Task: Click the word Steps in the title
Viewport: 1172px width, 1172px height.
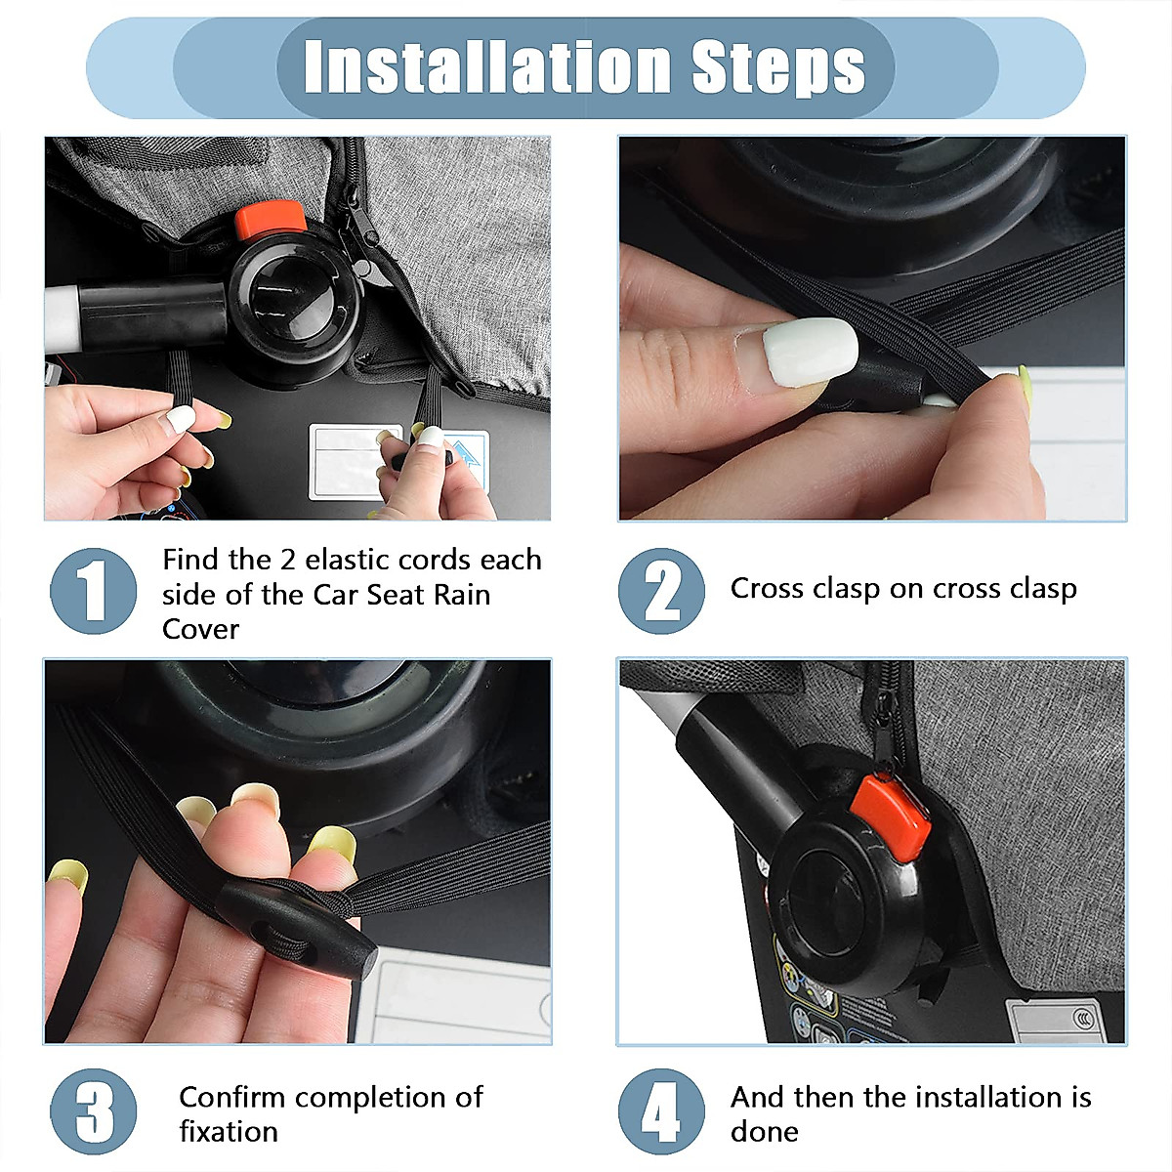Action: click(x=778, y=66)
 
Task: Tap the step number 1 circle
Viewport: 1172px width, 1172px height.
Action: click(x=94, y=591)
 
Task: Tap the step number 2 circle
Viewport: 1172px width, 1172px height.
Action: click(x=661, y=591)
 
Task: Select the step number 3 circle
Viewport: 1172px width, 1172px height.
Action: click(x=94, y=1111)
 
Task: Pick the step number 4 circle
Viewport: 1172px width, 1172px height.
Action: click(x=661, y=1111)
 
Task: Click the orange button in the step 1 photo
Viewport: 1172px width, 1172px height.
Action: click(x=271, y=218)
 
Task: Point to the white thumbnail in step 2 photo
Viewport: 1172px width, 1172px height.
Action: click(x=810, y=351)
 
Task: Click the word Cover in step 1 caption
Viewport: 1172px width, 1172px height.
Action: click(x=200, y=629)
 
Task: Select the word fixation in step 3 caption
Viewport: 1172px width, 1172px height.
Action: click(x=229, y=1131)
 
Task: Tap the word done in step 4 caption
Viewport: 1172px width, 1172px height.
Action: click(x=764, y=1131)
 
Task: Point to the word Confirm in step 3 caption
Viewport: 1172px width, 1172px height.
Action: click(x=232, y=1097)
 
